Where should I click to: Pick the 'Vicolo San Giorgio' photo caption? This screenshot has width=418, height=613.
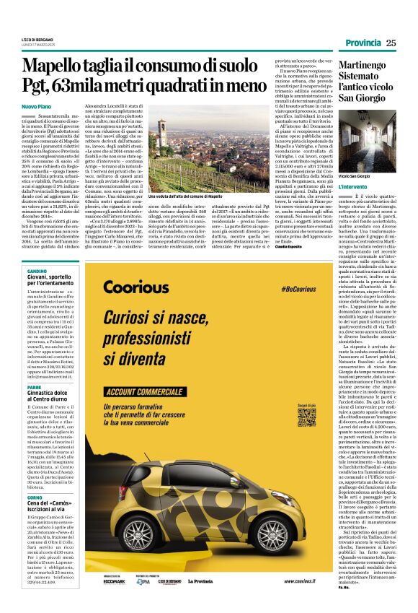tap(355, 175)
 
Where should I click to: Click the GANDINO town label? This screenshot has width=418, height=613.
tap(37, 270)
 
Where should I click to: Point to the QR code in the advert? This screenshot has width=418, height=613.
tap(306, 417)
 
